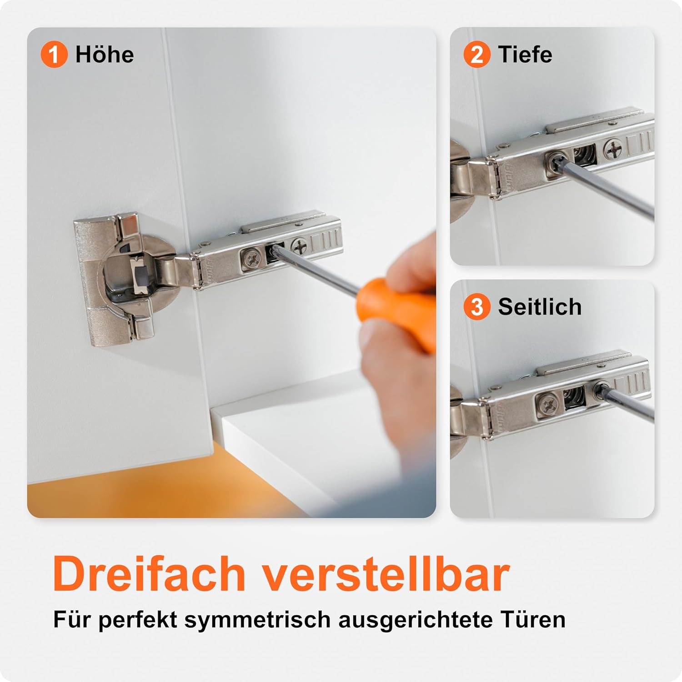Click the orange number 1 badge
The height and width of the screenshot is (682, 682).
tap(54, 55)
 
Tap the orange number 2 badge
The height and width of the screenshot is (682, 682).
tap(477, 55)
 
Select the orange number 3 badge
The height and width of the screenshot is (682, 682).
tap(477, 307)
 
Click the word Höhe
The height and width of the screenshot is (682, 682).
tap(105, 55)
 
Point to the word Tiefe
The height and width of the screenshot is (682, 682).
tap(525, 55)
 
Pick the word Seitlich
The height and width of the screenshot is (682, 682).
tap(540, 307)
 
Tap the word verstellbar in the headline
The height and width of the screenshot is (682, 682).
tap(386, 574)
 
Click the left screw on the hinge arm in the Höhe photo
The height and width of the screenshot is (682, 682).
tap(251, 260)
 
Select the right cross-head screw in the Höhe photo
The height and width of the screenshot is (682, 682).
tap(300, 246)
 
